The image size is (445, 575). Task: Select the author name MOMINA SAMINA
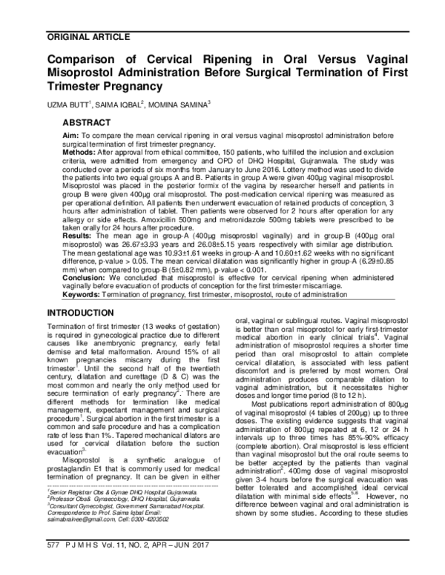pyautogui.click(x=177, y=104)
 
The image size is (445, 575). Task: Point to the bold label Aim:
pyautogui.click(x=72, y=137)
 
